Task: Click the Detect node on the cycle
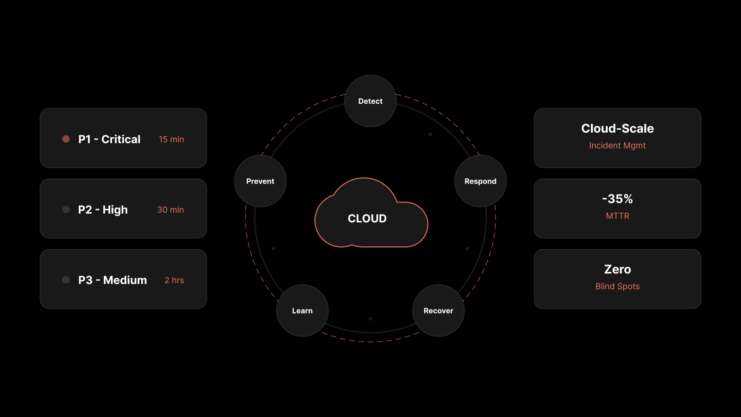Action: (x=370, y=101)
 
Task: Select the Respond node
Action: (x=480, y=181)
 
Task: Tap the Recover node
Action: (x=438, y=310)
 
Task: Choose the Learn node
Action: (x=302, y=310)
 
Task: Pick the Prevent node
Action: (x=260, y=181)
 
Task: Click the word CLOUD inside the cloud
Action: (x=367, y=218)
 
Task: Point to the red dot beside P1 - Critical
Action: (x=66, y=139)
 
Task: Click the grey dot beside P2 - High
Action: (x=66, y=209)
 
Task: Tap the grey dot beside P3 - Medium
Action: (x=66, y=280)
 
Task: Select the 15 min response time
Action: (x=171, y=139)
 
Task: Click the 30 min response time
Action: (x=170, y=209)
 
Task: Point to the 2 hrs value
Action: (x=174, y=280)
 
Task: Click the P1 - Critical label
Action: (x=109, y=139)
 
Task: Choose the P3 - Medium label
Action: (x=113, y=280)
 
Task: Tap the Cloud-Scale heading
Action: (x=617, y=128)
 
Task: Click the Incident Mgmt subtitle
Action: (x=617, y=145)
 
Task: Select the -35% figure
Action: (x=617, y=199)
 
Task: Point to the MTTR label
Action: (x=617, y=216)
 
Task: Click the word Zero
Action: (x=617, y=269)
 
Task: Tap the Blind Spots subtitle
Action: (x=617, y=286)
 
